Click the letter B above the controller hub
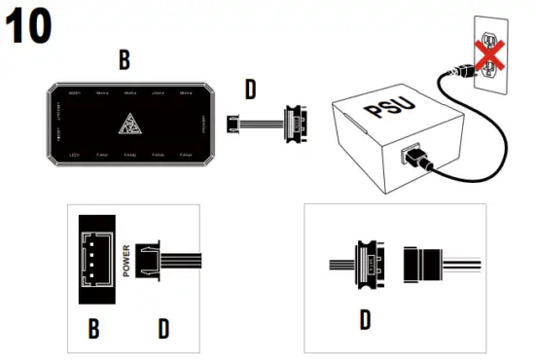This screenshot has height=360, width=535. [x=125, y=60]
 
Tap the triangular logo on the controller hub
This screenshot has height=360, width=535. [x=129, y=125]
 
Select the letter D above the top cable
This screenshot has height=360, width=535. [x=251, y=90]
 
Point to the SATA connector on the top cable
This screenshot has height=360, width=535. [x=296, y=123]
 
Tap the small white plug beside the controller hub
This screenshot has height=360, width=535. [x=233, y=125]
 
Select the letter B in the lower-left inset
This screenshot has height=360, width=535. [x=93, y=328]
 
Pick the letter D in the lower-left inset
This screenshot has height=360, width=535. [x=163, y=328]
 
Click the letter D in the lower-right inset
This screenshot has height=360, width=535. [x=365, y=318]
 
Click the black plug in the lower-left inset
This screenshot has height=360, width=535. [x=151, y=259]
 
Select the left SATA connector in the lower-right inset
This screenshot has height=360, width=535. [x=369, y=262]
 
